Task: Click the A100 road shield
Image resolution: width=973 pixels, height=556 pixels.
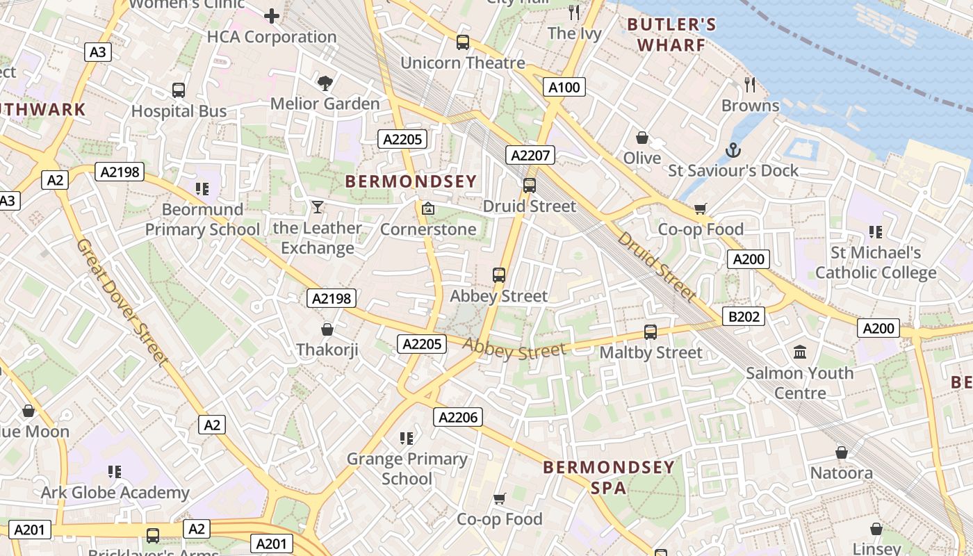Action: click(563, 87)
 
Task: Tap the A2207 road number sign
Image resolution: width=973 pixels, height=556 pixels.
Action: click(530, 155)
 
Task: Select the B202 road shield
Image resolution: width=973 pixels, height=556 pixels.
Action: click(743, 317)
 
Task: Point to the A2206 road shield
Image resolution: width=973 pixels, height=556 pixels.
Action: click(458, 417)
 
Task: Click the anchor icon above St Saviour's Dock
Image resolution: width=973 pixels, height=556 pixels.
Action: click(733, 150)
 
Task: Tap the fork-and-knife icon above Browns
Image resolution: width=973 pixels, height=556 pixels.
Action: click(749, 85)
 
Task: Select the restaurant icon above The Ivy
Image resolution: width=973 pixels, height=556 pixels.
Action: click(574, 12)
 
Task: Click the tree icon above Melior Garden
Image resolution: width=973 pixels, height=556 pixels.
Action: click(325, 83)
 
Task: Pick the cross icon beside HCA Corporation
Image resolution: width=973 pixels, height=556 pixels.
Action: click(272, 15)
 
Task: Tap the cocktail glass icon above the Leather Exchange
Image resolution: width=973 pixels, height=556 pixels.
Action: click(318, 207)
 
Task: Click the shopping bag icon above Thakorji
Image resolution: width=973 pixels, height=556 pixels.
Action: click(327, 329)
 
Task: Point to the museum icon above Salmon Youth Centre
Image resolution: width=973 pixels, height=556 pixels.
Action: click(800, 352)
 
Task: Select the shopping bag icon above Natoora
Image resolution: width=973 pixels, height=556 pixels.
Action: click(842, 452)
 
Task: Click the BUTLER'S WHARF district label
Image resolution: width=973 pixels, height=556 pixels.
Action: click(671, 35)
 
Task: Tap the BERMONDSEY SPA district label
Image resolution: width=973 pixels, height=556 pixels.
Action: click(609, 477)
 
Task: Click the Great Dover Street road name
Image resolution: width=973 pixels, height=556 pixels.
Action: click(122, 302)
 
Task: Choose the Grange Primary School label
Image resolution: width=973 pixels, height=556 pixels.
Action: click(407, 468)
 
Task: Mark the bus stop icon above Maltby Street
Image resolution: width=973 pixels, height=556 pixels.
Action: click(651, 332)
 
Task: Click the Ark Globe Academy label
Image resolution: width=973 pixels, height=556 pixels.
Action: click(115, 493)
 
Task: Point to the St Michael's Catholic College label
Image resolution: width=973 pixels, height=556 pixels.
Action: click(876, 262)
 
